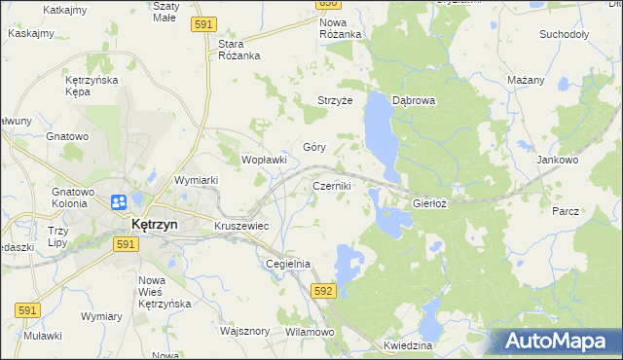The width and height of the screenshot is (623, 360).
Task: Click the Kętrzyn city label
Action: [x=154, y=224]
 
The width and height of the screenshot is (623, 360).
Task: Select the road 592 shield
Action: [x=324, y=291]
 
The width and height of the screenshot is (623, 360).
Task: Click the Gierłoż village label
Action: [x=429, y=204]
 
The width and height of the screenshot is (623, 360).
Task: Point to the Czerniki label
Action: [x=332, y=185]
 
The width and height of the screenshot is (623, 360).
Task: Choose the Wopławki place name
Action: [x=264, y=159]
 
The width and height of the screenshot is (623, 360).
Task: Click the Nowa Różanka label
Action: [x=341, y=28]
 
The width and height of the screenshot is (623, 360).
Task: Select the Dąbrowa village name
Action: [x=413, y=100]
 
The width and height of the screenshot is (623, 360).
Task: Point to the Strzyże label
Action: [x=334, y=100]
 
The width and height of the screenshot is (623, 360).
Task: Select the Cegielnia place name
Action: [x=288, y=264]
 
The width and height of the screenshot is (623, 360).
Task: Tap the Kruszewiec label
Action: [x=241, y=226]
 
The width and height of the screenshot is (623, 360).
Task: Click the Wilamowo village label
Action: [x=310, y=332]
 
